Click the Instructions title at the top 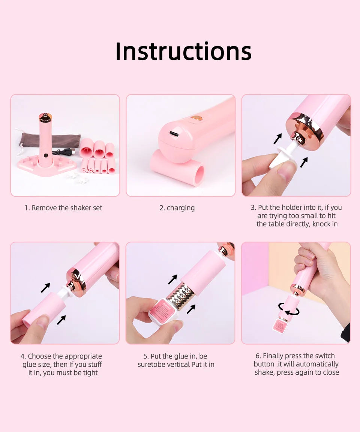tap(183, 51)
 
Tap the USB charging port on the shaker tap(174, 134)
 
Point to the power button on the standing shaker tap(46, 155)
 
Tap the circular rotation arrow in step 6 tap(289, 309)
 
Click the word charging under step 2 tap(181, 208)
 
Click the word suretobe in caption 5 tap(150, 365)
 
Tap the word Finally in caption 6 tap(274, 356)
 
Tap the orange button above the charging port tap(196, 118)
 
